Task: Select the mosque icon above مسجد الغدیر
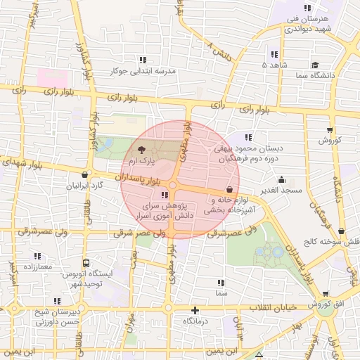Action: pyautogui.click(x=282, y=179)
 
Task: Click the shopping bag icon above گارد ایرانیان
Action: pyautogui.click(x=85, y=175)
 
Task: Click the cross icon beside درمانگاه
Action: pyautogui.click(x=195, y=310)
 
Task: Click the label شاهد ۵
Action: pyautogui.click(x=274, y=65)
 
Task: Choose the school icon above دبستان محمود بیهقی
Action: pyautogui.click(x=247, y=137)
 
